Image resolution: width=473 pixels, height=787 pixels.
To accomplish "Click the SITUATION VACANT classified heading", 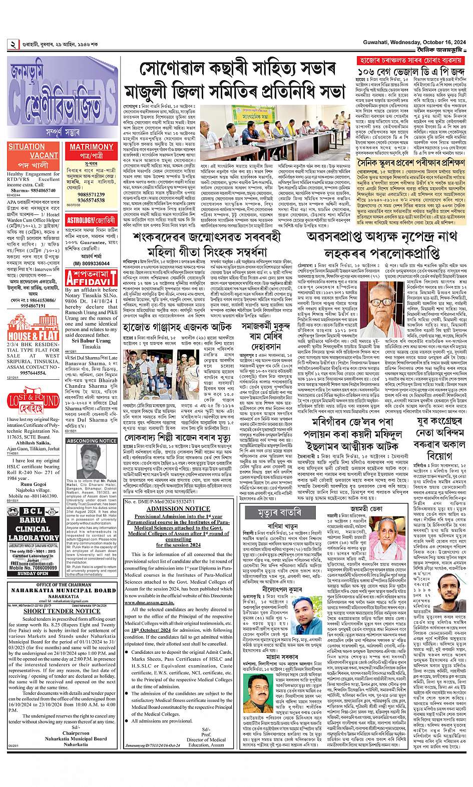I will click(x=33, y=151).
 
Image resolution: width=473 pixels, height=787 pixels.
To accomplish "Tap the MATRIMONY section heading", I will click(x=92, y=147).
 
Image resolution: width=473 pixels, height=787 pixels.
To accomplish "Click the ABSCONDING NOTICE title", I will click(x=91, y=440).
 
